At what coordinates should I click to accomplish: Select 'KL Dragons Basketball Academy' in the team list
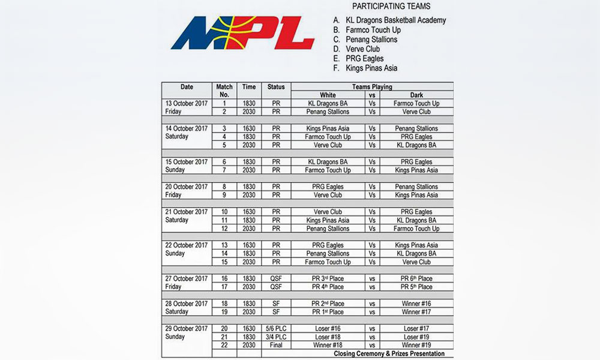click(395, 20)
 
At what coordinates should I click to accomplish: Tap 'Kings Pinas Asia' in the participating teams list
click(371, 68)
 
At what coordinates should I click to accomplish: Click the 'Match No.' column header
click(224, 91)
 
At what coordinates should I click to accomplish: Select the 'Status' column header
click(276, 87)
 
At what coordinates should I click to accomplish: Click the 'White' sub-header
click(328, 95)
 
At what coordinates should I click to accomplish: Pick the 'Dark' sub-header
click(416, 95)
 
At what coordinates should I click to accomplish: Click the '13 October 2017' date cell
click(187, 103)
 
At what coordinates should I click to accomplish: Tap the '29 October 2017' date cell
click(187, 329)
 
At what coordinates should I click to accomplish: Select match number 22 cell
click(224, 346)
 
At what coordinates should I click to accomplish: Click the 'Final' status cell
click(276, 346)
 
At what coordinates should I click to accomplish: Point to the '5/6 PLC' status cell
click(276, 329)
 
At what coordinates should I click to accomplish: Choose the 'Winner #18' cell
click(328, 346)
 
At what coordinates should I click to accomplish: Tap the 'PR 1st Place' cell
click(328, 312)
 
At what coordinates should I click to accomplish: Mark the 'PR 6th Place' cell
click(416, 278)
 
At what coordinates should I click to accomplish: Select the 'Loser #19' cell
click(416, 337)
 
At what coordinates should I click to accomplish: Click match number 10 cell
click(224, 212)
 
